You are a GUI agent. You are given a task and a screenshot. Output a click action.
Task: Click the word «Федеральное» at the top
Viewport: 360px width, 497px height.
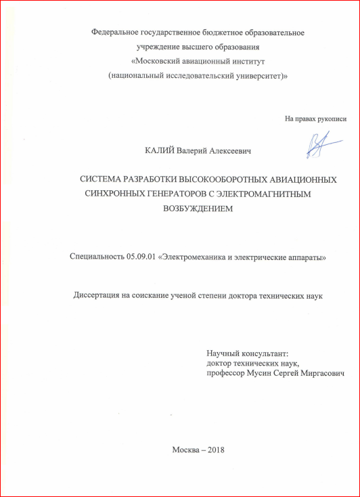(x=116, y=32)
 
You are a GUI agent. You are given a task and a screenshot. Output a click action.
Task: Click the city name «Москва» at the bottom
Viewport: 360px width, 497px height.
(x=186, y=450)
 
